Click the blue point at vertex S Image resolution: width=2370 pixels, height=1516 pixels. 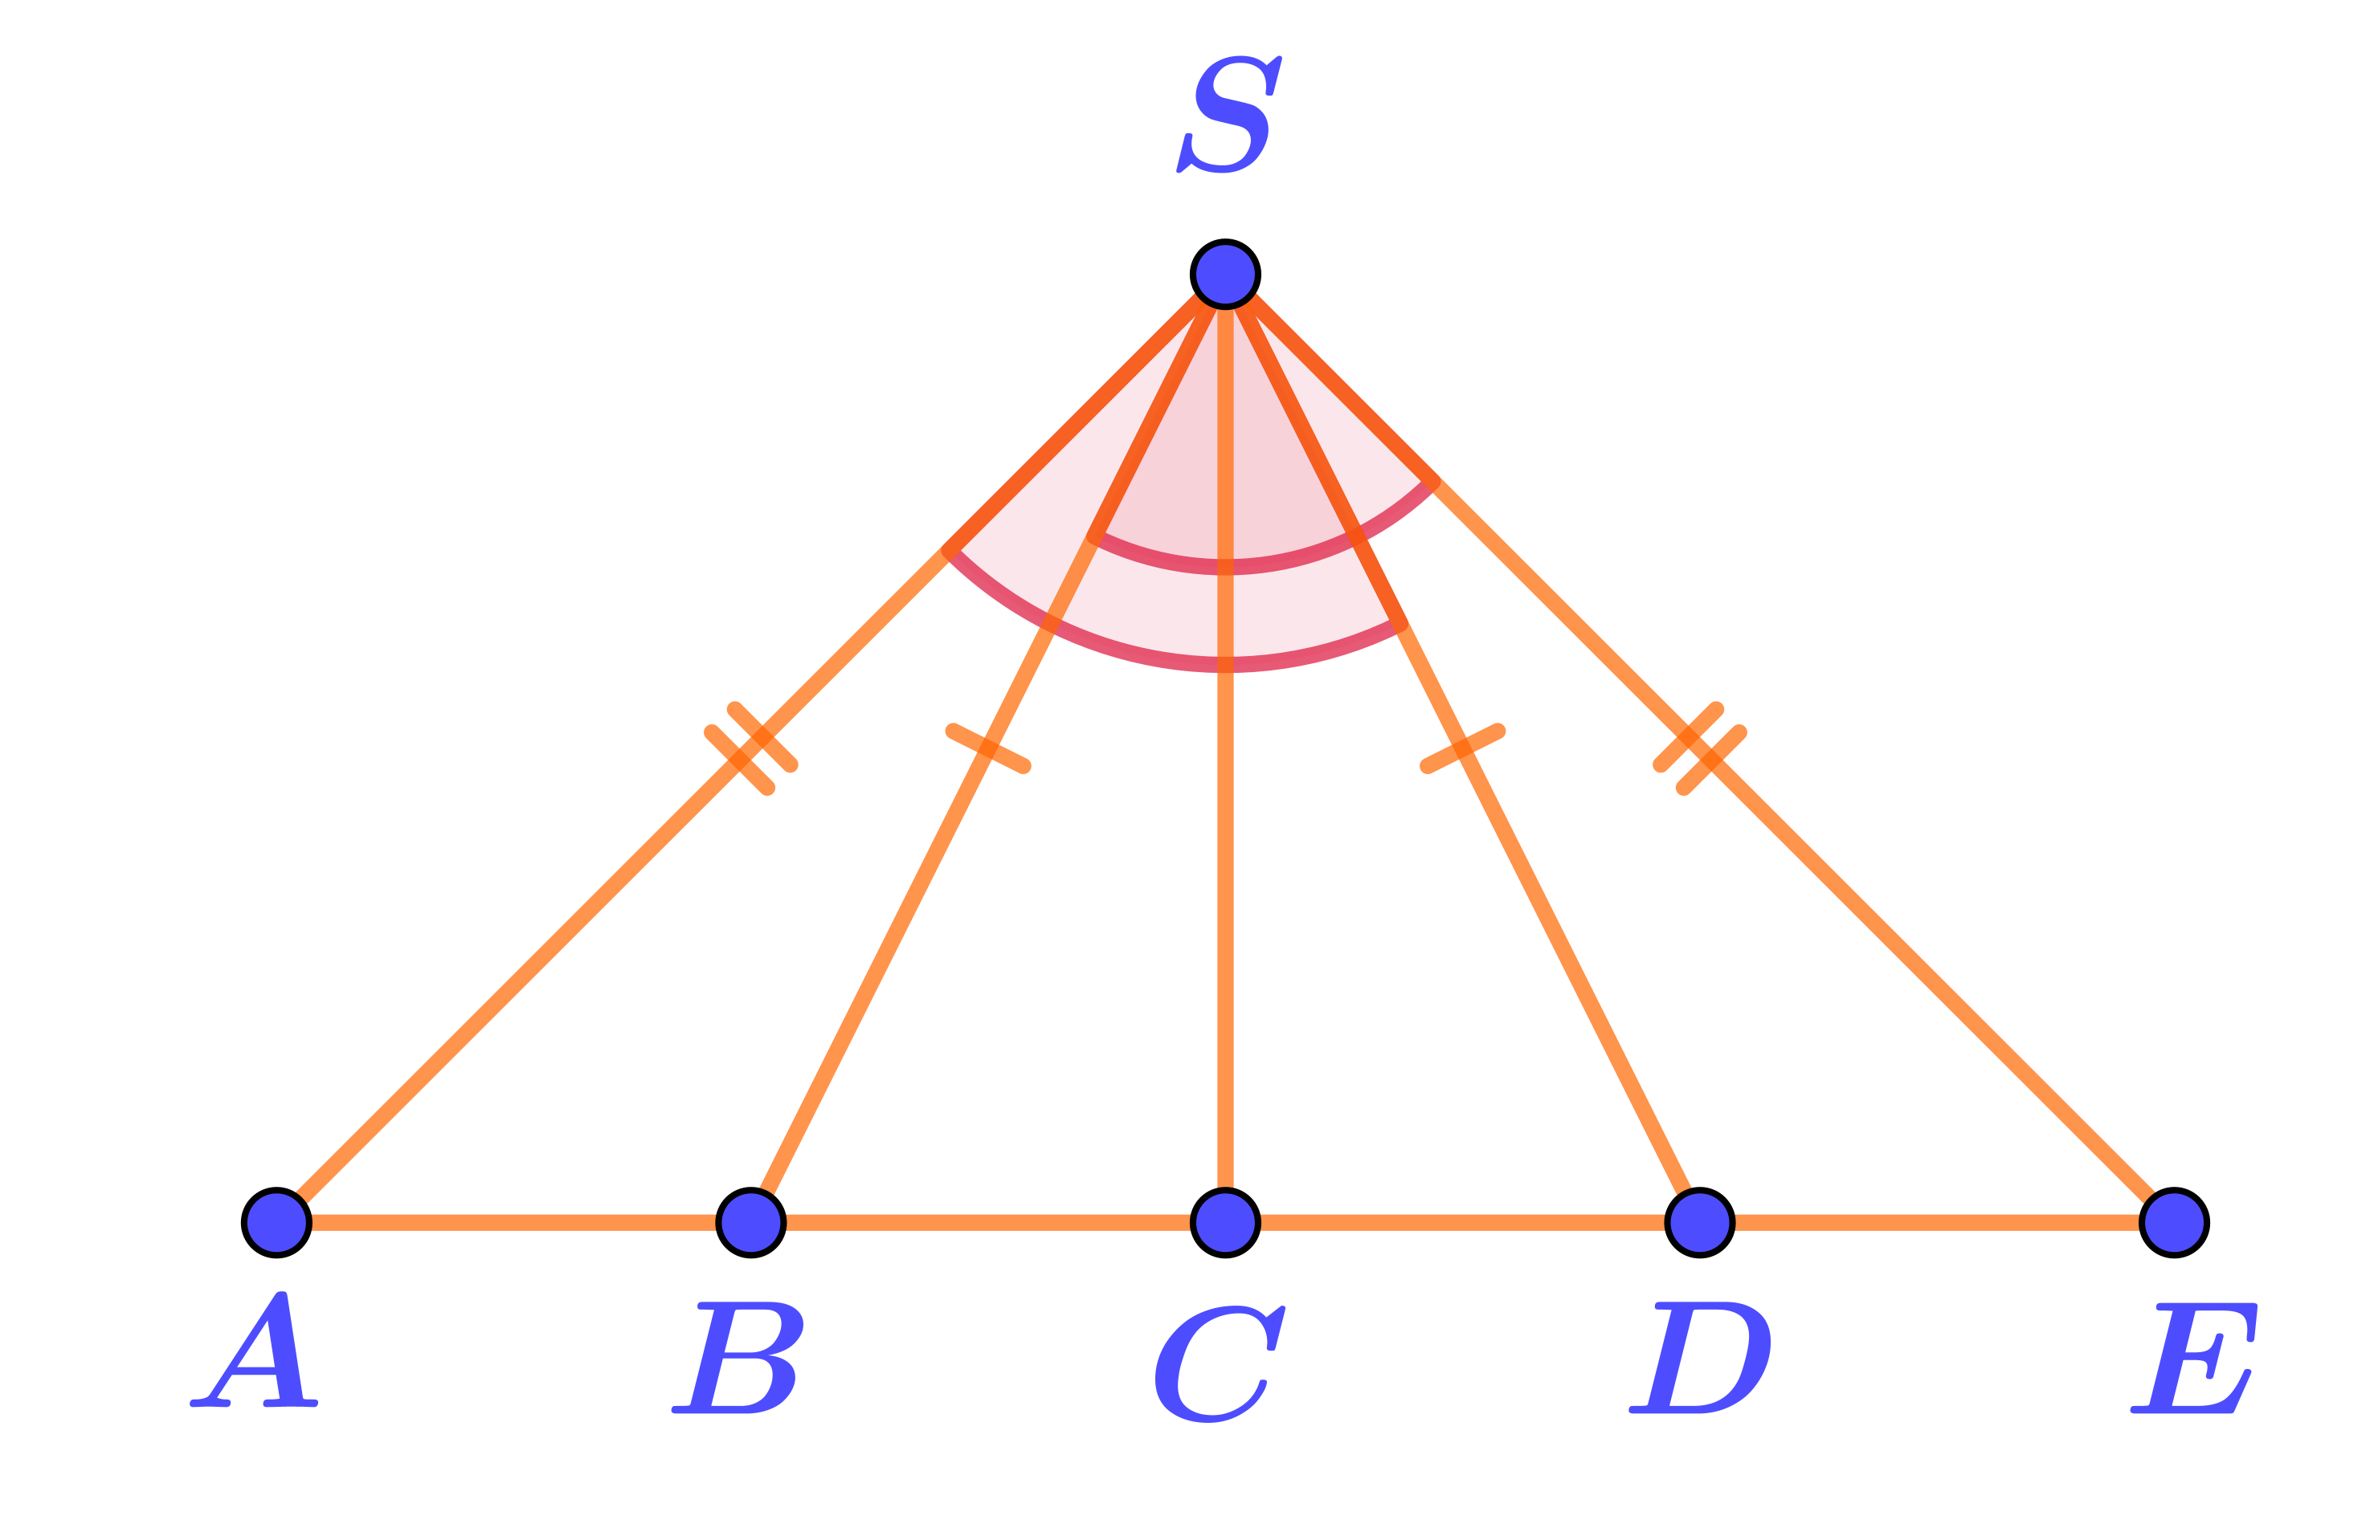(x=1225, y=274)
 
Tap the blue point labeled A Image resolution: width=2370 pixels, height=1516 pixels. (x=276, y=1223)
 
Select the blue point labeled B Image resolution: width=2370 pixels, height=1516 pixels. (x=751, y=1223)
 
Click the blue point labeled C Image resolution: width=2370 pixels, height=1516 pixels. (x=1225, y=1223)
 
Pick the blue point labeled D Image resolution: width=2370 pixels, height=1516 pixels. (x=1699, y=1223)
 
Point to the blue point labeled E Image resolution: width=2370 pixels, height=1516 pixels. (x=2173, y=1223)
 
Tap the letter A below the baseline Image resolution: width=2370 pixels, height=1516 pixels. (x=256, y=1351)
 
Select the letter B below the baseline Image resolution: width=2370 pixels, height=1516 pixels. (x=738, y=1358)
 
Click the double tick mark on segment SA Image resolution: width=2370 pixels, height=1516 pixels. (x=751, y=748)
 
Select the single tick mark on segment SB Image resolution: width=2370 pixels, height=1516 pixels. (x=987, y=748)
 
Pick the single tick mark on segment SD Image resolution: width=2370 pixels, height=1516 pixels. (x=1463, y=748)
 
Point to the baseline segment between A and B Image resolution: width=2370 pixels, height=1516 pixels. (x=512, y=1223)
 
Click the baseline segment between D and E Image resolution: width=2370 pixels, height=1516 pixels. (x=1937, y=1223)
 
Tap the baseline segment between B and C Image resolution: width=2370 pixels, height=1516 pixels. (x=987, y=1223)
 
